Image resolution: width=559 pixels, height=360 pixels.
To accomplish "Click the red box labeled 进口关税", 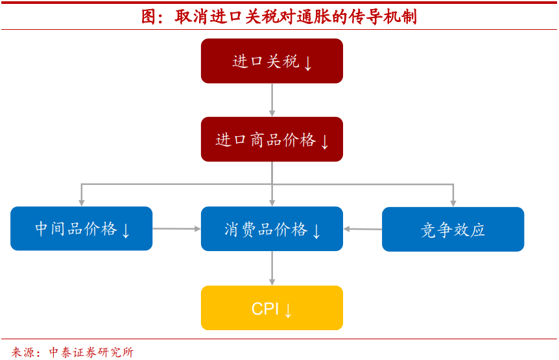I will pos(272,61).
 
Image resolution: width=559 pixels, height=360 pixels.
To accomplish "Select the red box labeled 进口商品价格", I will pos(272,139).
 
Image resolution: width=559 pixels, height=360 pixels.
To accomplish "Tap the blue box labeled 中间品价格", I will pos(81,228).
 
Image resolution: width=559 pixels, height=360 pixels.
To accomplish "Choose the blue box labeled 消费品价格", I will pos(272,228).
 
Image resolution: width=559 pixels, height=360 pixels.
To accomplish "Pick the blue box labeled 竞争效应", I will pos(453,229).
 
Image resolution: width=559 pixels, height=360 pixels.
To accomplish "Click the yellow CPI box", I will pos(272,308).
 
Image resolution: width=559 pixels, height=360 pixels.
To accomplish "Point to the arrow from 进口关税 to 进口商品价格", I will pos(272,100).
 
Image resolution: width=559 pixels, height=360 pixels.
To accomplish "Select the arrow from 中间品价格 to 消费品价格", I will pos(176,228).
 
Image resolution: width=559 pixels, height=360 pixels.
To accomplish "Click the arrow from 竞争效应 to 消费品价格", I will pos(363,229).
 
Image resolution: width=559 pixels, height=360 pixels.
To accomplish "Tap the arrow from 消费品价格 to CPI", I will pos(272,268).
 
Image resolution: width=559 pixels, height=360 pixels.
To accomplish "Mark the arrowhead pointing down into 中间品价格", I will pos(81,202).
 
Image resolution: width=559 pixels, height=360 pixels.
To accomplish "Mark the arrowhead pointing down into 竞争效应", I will pos(453,202).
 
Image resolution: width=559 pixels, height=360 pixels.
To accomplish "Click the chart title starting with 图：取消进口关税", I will pos(279,16).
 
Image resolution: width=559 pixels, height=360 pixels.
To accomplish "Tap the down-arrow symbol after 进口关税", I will pos(308,63).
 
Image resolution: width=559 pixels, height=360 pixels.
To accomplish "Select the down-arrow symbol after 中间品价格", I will pos(126,230).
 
